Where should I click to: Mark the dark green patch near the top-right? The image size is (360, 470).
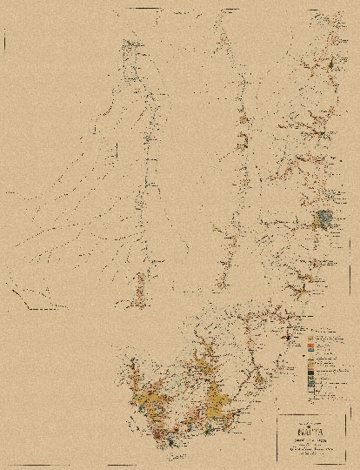click(x=331, y=63)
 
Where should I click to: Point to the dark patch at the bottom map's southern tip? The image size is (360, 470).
click(x=171, y=441)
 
